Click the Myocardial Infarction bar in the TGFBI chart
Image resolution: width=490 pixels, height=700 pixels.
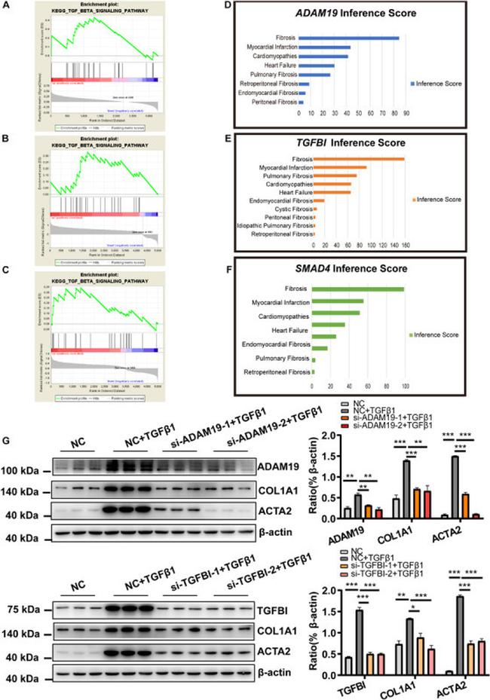[x=340, y=167]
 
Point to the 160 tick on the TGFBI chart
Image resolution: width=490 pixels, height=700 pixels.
[x=406, y=245]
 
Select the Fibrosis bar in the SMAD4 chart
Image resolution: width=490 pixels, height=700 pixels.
[x=358, y=289]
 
